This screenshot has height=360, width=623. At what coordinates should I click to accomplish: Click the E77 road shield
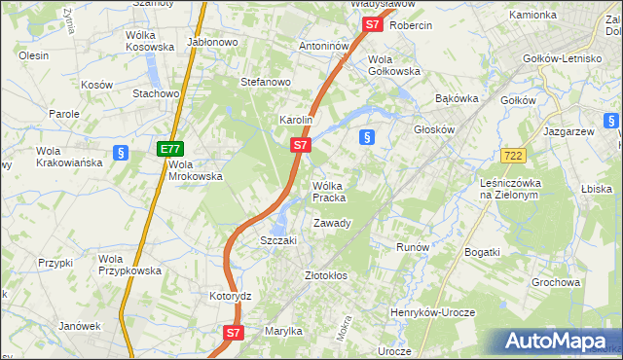coord(171,149)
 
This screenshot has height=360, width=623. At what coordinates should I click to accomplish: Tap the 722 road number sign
coord(515,156)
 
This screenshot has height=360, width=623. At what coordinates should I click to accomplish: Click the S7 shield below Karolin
coord(301,145)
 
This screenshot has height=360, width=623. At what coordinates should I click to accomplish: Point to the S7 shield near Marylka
coord(233,332)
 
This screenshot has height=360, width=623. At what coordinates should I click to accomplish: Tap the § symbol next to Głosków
coord(367,137)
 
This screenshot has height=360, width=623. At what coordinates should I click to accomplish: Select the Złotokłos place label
coord(326,275)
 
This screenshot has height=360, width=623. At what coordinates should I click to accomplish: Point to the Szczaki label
coord(277,240)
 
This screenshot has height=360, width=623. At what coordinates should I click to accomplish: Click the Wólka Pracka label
coord(329,192)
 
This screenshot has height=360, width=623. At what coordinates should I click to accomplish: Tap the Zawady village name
coord(332,223)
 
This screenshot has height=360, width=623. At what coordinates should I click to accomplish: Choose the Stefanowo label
coord(266,82)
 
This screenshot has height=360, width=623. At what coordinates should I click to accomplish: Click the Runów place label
coord(413,247)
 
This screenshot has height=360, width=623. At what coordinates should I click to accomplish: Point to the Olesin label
coord(34,55)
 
